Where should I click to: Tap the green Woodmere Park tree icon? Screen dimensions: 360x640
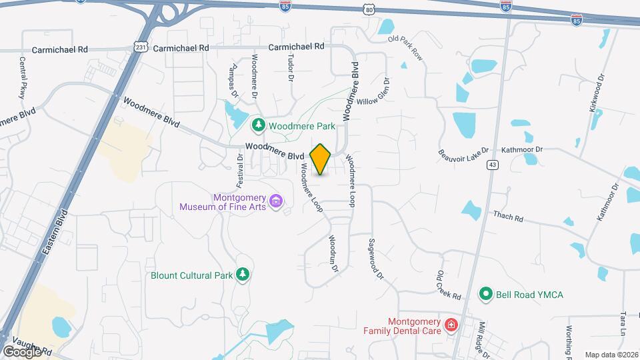click(x=258, y=125)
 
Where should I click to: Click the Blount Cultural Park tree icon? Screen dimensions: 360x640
click(x=243, y=275)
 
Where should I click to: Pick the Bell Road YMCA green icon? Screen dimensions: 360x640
click(x=487, y=293)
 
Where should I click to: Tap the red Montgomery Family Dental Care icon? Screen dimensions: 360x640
click(x=451, y=325)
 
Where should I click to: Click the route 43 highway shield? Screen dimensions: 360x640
click(x=493, y=165)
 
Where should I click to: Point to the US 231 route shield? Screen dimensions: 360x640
click(x=139, y=48)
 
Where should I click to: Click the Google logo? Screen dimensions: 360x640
click(x=21, y=351)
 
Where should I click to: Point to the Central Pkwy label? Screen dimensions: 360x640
click(x=22, y=77)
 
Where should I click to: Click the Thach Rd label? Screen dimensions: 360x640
click(x=509, y=216)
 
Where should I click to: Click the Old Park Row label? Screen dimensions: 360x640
click(x=405, y=46)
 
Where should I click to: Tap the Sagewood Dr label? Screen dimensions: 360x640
click(x=376, y=259)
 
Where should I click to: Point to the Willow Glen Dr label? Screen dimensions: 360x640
click(x=374, y=95)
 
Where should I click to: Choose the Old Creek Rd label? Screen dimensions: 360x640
click(x=449, y=286)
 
